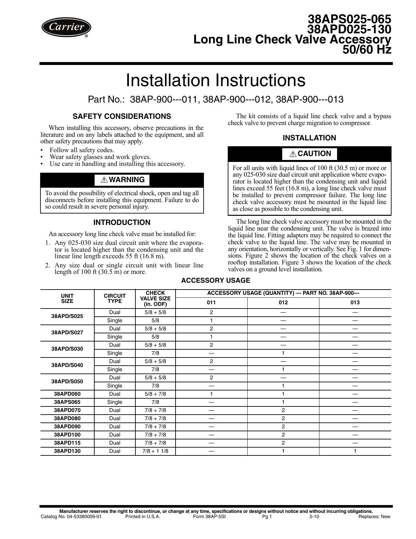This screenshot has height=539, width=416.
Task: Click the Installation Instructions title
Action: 216,80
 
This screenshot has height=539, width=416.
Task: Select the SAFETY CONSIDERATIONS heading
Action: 122,117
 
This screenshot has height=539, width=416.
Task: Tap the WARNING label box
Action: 122,180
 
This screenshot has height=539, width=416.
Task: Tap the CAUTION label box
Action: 310,154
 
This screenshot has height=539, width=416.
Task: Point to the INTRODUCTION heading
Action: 122,223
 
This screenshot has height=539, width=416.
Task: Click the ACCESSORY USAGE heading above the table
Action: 216,280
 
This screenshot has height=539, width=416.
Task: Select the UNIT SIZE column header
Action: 67,299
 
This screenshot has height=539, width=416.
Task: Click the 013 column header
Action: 355,303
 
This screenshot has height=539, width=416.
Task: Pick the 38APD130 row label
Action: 67,451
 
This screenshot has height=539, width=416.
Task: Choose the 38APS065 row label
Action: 67,402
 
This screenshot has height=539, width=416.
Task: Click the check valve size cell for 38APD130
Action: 155,451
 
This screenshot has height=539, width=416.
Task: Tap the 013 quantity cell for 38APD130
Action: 355,451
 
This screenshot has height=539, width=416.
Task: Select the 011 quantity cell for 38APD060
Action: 211,394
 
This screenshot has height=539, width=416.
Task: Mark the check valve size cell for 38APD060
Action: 155,394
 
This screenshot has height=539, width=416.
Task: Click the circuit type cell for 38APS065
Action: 115,402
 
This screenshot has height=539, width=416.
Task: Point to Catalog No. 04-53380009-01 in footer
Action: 71,516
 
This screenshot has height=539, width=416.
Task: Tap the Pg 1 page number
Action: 267,516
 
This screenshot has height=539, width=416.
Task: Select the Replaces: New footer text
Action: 374,516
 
